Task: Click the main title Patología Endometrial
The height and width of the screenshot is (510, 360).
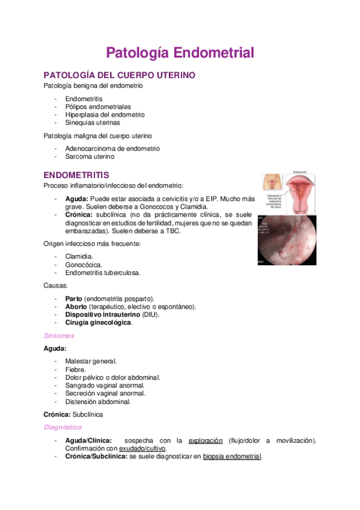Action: pyautogui.click(x=180, y=52)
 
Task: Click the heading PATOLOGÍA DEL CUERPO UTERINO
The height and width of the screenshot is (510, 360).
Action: pyautogui.click(x=119, y=75)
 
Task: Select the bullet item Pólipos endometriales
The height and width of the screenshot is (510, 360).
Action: pyautogui.click(x=98, y=106)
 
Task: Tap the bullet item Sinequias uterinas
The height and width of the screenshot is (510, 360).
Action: pyautogui.click(x=93, y=122)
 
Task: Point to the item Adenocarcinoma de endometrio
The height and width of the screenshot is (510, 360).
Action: pyautogui.click(x=112, y=149)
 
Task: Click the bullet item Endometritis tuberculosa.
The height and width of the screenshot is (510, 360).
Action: pyautogui.click(x=103, y=272)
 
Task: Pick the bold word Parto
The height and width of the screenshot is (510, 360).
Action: pyautogui.click(x=74, y=298)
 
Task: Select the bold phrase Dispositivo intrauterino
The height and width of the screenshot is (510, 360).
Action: pyautogui.click(x=102, y=314)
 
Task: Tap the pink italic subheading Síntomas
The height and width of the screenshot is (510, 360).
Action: pyautogui.click(x=59, y=336)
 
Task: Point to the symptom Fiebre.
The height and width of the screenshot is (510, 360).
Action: pyautogui.click(x=76, y=369)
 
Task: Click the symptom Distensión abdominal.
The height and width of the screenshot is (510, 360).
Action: pyautogui.click(x=98, y=401)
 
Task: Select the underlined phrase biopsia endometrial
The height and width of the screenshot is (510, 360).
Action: pyautogui.click(x=232, y=456)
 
